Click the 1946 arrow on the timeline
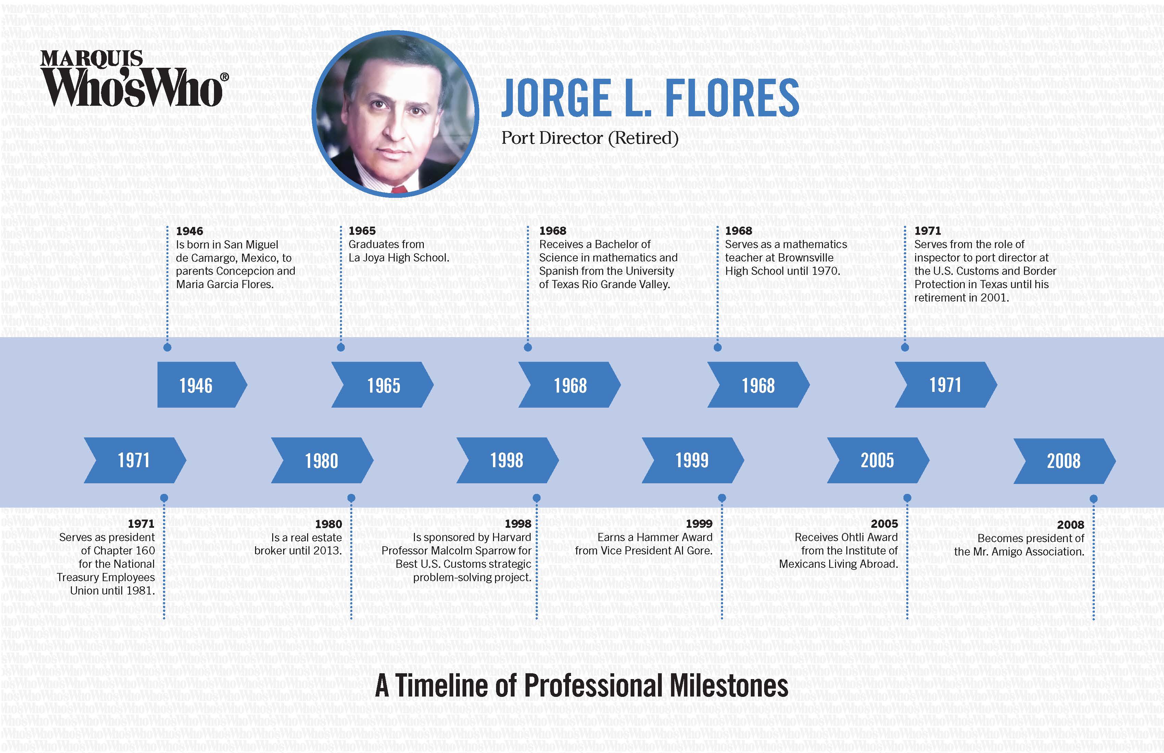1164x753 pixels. (x=202, y=385)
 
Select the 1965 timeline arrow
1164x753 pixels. (x=382, y=385)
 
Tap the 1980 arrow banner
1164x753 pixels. (x=322, y=460)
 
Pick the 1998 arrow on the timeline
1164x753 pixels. (x=507, y=460)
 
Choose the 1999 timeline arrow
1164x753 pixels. (x=693, y=460)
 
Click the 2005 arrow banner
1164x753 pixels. (x=878, y=460)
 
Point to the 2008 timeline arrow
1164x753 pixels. (x=1064, y=461)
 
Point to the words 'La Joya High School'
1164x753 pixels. (x=398, y=258)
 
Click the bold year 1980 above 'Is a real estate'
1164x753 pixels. (x=328, y=524)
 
